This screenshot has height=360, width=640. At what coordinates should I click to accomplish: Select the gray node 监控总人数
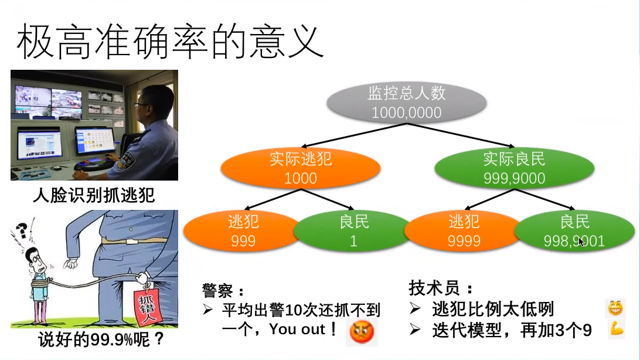[x=406, y=103]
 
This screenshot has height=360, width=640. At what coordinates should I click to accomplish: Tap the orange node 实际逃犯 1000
[x=300, y=168]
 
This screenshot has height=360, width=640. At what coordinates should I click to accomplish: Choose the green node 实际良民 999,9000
[x=514, y=168]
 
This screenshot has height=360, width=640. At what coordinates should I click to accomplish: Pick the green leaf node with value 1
[x=353, y=232]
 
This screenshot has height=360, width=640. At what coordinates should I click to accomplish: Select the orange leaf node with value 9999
[x=464, y=232]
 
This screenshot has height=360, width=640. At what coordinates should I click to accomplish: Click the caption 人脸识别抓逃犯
[x=94, y=195]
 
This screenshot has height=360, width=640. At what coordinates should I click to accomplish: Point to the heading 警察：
[x=222, y=290]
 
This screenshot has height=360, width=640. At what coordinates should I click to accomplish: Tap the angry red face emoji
[x=362, y=332]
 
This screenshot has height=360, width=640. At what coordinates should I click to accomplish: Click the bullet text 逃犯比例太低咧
[x=493, y=309]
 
